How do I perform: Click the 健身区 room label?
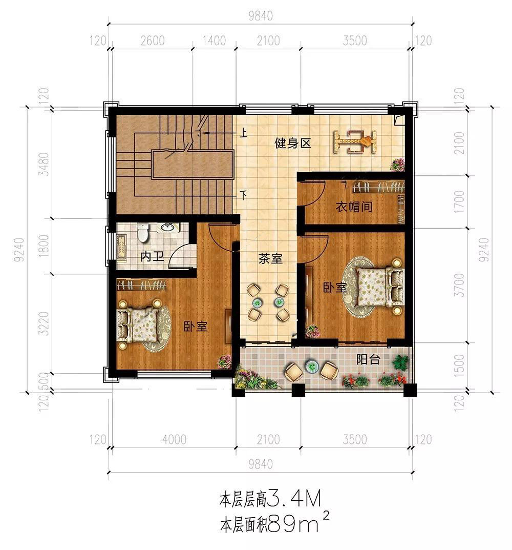293,143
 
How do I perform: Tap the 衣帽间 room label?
354,207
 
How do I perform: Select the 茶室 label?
270,258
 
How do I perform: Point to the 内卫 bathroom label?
152,256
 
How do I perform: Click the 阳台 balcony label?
368,359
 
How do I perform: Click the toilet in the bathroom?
143,233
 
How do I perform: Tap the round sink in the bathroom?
168,228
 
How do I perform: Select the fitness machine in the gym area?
355,141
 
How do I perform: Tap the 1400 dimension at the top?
214,40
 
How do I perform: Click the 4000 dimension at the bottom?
174,439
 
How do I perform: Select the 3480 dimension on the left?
44,164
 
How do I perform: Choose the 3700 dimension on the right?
459,285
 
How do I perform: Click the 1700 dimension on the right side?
459,201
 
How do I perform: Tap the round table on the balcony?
311,366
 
